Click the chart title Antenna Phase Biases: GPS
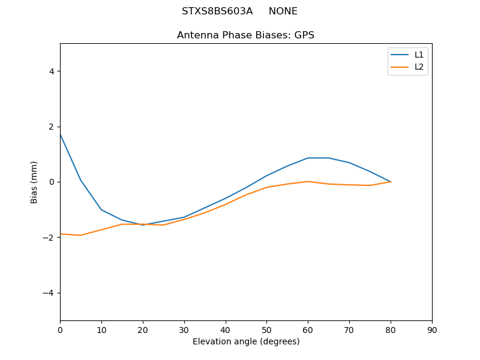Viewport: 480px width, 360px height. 245,35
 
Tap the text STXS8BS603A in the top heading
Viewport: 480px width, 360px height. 217,11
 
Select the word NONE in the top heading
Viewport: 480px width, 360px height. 283,11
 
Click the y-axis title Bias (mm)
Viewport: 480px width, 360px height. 34,182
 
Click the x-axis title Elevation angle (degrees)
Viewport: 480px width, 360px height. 245,341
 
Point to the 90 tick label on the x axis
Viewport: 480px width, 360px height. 431,329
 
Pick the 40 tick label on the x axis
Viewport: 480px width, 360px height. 225,329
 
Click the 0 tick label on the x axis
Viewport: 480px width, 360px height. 60,329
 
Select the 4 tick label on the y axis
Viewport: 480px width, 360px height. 51,71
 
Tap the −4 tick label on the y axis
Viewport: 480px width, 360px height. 48,293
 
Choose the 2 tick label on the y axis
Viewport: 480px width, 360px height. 51,127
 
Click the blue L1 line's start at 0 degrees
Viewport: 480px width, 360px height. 61,134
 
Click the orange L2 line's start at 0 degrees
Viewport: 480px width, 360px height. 61,234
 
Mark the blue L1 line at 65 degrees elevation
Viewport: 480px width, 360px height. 329,158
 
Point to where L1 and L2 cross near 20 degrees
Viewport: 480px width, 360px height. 143,224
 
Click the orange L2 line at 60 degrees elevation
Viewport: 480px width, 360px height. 308,181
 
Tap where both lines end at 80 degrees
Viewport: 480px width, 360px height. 391,182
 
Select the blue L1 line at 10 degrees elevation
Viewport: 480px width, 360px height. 101,209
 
